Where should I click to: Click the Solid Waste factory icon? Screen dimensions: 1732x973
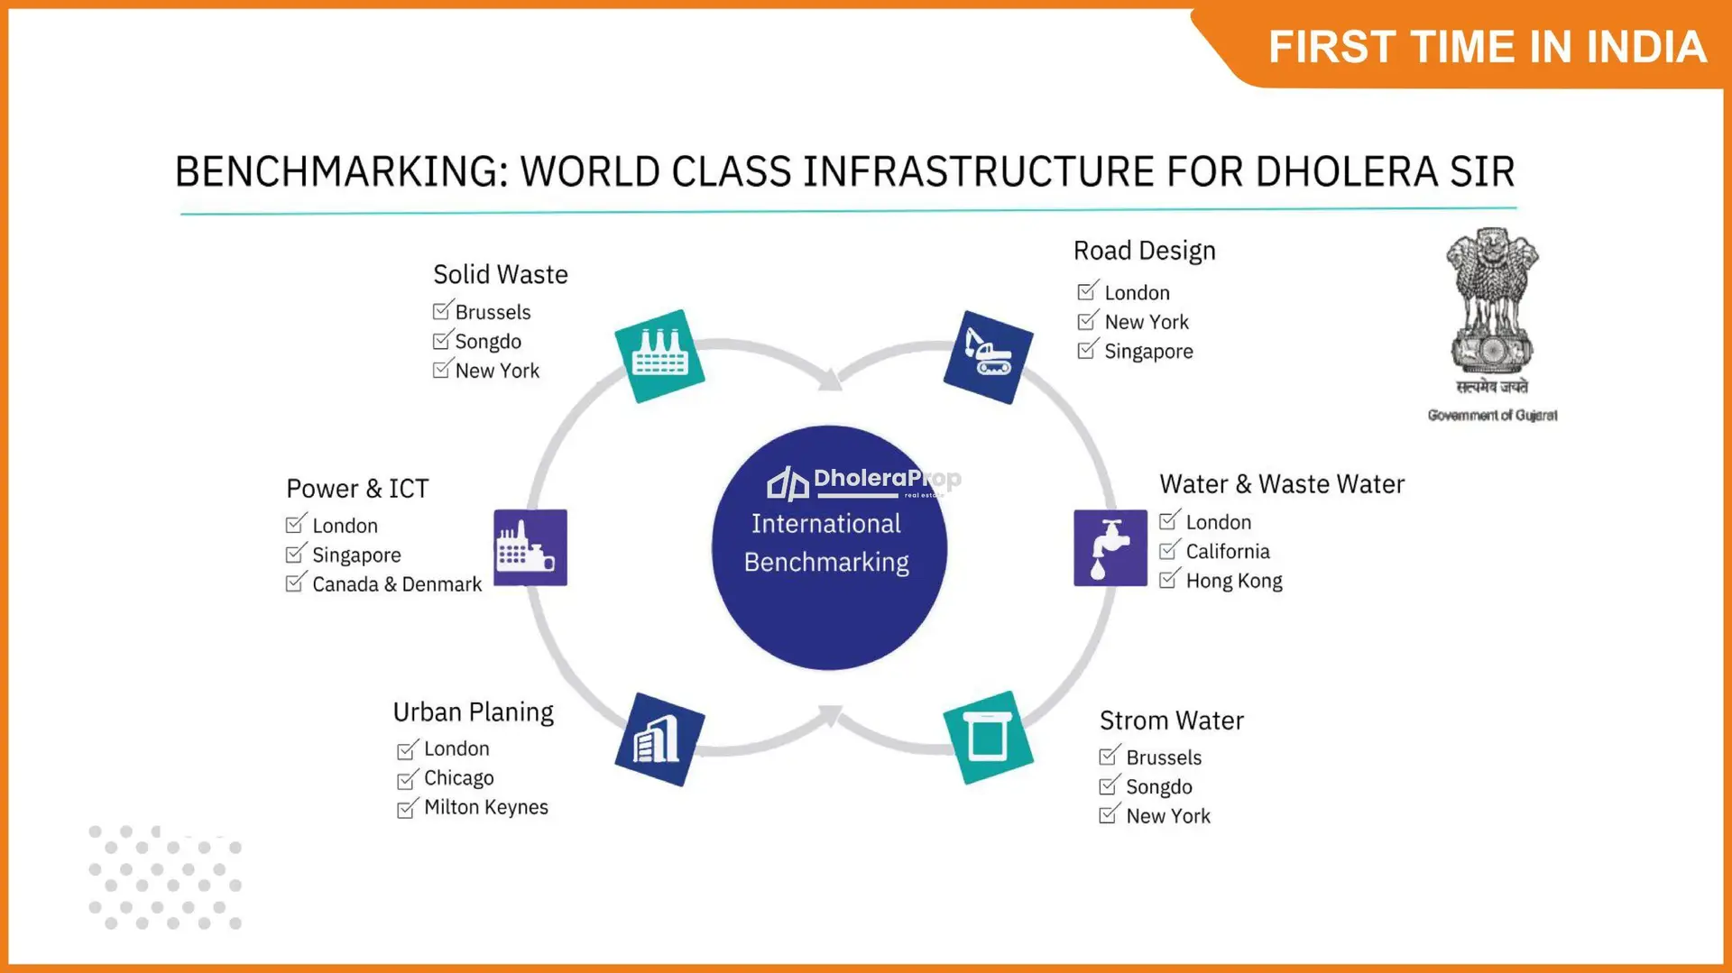click(659, 356)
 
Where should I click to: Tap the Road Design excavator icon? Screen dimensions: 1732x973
click(988, 357)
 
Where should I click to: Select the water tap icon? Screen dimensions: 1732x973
click(1110, 548)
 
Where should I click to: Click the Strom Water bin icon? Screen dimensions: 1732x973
click(988, 738)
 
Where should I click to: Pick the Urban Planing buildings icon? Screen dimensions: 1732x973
click(659, 739)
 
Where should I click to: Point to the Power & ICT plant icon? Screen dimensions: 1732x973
click(530, 547)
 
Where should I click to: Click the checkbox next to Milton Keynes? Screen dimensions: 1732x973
click(408, 807)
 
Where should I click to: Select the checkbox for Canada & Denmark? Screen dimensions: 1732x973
click(296, 583)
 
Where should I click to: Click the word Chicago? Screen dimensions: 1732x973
click(459, 778)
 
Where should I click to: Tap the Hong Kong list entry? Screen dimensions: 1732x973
click(1234, 582)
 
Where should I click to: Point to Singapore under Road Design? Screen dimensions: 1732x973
click(1148, 352)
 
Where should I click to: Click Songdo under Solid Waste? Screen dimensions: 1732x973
click(488, 342)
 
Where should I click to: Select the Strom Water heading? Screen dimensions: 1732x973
click(1172, 721)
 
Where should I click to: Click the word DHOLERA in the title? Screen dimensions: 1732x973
click(1347, 171)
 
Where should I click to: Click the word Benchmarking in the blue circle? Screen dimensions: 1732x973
click(826, 563)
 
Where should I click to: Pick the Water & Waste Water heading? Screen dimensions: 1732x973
click(1282, 484)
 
